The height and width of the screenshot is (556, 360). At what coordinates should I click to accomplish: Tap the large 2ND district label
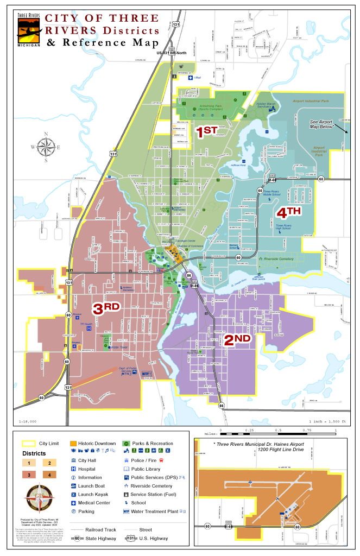pos(237,340)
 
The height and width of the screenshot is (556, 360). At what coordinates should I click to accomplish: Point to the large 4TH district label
pos(289,211)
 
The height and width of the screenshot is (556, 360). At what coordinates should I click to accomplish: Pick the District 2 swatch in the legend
pos(49,463)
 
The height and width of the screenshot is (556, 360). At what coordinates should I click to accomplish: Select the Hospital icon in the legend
pos(73,469)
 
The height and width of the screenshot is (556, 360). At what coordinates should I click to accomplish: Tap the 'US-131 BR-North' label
pos(172,53)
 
